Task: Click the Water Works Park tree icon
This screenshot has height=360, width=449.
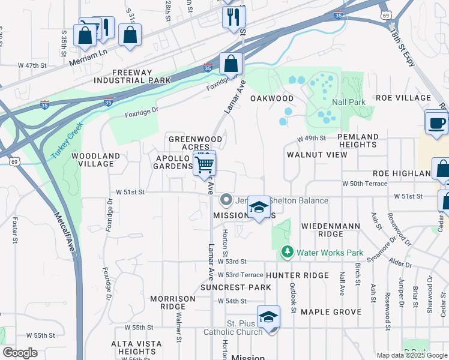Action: pos(288,252)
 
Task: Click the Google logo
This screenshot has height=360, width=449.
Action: pos(20,353)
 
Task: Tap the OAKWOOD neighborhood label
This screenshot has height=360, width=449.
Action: pos(272,98)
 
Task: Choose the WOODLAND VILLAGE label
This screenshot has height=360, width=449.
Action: pos(92,160)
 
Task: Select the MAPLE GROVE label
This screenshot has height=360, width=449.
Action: pos(331,312)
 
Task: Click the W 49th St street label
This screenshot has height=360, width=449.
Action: pos(312,139)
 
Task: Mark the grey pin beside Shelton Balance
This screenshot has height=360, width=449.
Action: pos(226,199)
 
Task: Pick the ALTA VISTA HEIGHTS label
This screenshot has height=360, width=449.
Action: pos(137,347)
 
